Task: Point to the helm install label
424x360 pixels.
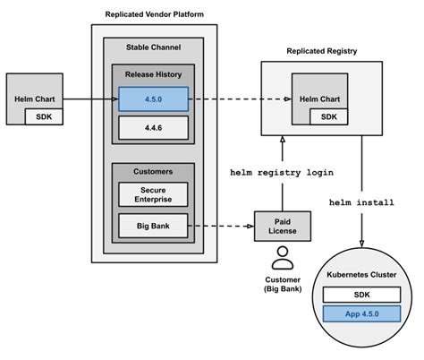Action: pyautogui.click(x=362, y=203)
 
